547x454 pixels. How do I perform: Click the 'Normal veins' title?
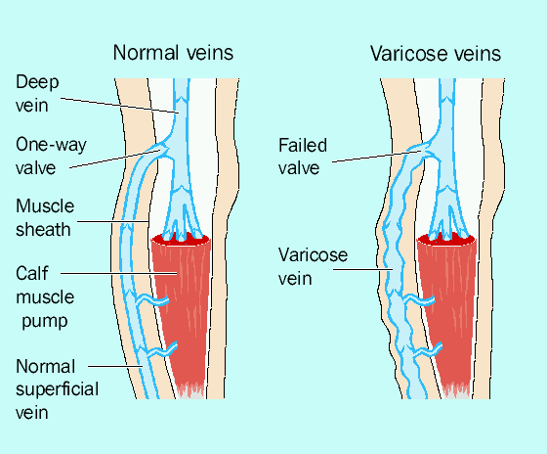[173, 53]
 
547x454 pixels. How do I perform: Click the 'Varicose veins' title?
[436, 54]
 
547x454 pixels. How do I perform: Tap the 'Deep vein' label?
[37, 94]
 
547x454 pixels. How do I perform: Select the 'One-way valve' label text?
[51, 156]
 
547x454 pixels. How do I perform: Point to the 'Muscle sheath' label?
[45, 218]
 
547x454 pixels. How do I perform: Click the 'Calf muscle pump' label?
[45, 297]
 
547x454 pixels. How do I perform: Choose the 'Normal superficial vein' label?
[57, 389]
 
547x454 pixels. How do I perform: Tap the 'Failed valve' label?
[303, 157]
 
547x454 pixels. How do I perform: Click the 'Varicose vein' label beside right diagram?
[313, 267]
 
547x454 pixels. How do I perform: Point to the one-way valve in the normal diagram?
[162, 151]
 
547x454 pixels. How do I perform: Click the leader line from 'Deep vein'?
[120, 106]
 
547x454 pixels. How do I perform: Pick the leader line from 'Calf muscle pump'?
[119, 273]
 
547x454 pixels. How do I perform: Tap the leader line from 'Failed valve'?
[377, 157]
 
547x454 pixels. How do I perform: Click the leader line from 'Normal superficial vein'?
[115, 366]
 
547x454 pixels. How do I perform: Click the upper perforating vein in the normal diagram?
[152, 300]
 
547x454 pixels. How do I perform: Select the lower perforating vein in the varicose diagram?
[426, 351]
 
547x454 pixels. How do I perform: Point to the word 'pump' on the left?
[45, 321]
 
